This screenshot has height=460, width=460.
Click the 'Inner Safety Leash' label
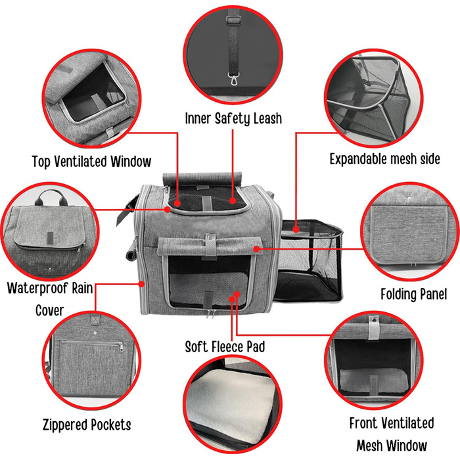pyautogui.click(x=233, y=118)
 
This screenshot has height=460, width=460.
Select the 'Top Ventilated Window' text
pyautogui.click(x=91, y=162)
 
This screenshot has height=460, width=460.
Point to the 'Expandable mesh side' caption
pyautogui.click(x=384, y=159)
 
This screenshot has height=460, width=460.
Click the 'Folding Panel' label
pyautogui.click(x=413, y=294)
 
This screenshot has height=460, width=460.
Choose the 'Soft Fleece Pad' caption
pyautogui.click(x=225, y=346)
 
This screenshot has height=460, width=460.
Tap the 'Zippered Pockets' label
pyautogui.click(x=87, y=425)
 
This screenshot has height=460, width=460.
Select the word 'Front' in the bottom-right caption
pyautogui.click(x=363, y=423)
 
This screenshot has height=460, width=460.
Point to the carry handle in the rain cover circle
pyautogui.click(x=51, y=197)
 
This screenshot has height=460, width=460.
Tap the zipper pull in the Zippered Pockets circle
pyautogui.click(x=121, y=346)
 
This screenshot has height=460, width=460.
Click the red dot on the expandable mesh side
pyautogui.click(x=296, y=229)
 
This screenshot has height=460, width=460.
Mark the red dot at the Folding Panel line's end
pyautogui.click(x=256, y=249)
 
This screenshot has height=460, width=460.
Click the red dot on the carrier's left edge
pyautogui.click(x=142, y=284)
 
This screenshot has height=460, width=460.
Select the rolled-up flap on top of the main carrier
pyautogui.click(x=202, y=179)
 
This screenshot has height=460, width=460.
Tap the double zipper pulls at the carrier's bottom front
pyautogui.click(x=210, y=313)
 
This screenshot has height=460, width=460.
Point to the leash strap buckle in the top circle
pyautogui.click(x=233, y=20)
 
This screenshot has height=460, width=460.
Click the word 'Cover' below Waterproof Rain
pyautogui.click(x=49, y=311)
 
